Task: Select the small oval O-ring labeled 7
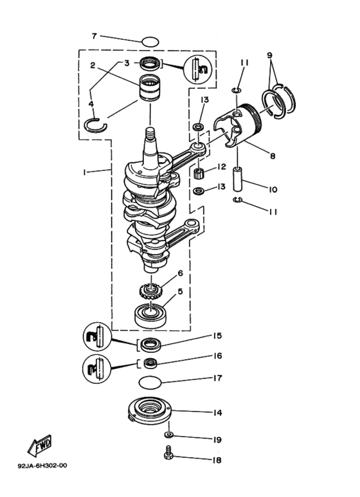click(x=150, y=42)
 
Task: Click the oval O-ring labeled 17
click(x=150, y=384)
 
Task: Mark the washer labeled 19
click(x=168, y=436)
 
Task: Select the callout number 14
click(x=219, y=412)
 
